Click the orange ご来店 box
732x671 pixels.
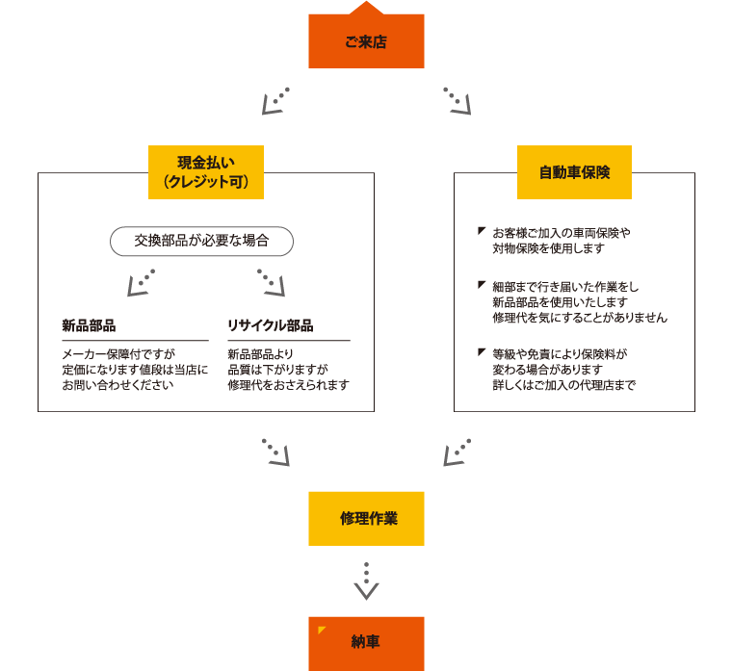click(x=366, y=41)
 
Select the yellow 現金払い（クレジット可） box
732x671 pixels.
click(x=206, y=172)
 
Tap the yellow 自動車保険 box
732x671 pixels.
click(x=574, y=172)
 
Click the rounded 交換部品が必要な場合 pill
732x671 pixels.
click(x=201, y=242)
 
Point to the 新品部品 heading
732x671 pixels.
click(x=89, y=325)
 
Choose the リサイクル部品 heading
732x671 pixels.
click(x=271, y=325)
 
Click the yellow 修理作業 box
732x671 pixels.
click(x=366, y=519)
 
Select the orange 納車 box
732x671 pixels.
click(x=366, y=644)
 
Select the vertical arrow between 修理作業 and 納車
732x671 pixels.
click(x=366, y=581)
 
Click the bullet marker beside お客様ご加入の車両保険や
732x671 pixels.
click(x=482, y=230)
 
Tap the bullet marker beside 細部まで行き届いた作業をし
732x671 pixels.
click(x=482, y=284)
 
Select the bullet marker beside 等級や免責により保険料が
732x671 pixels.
click(x=482, y=351)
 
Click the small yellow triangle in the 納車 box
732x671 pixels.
click(x=321, y=630)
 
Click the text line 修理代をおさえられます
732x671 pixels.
click(x=289, y=385)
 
